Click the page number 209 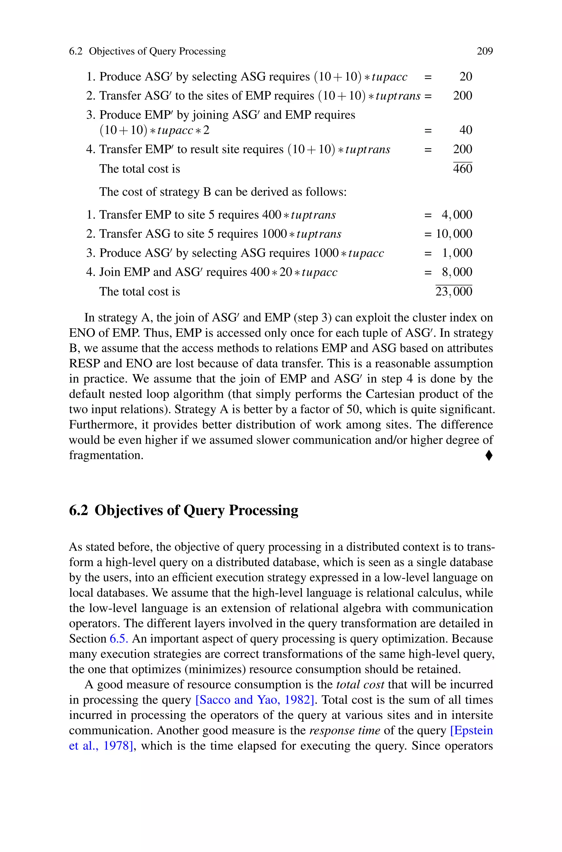pyautogui.click(x=485, y=51)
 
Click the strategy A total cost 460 pyautogui.click(x=462, y=168)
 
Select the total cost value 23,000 pyautogui.click(x=454, y=291)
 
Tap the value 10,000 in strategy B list pyautogui.click(x=454, y=234)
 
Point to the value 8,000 pyautogui.click(x=457, y=272)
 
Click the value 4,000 pyautogui.click(x=457, y=215)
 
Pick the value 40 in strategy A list pyautogui.click(x=466, y=130)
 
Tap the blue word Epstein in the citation pyautogui.click(x=472, y=730)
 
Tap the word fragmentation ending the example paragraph pyautogui.click(x=106, y=455)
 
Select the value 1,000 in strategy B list pyautogui.click(x=457, y=253)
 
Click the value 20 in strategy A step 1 pyautogui.click(x=466, y=76)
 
